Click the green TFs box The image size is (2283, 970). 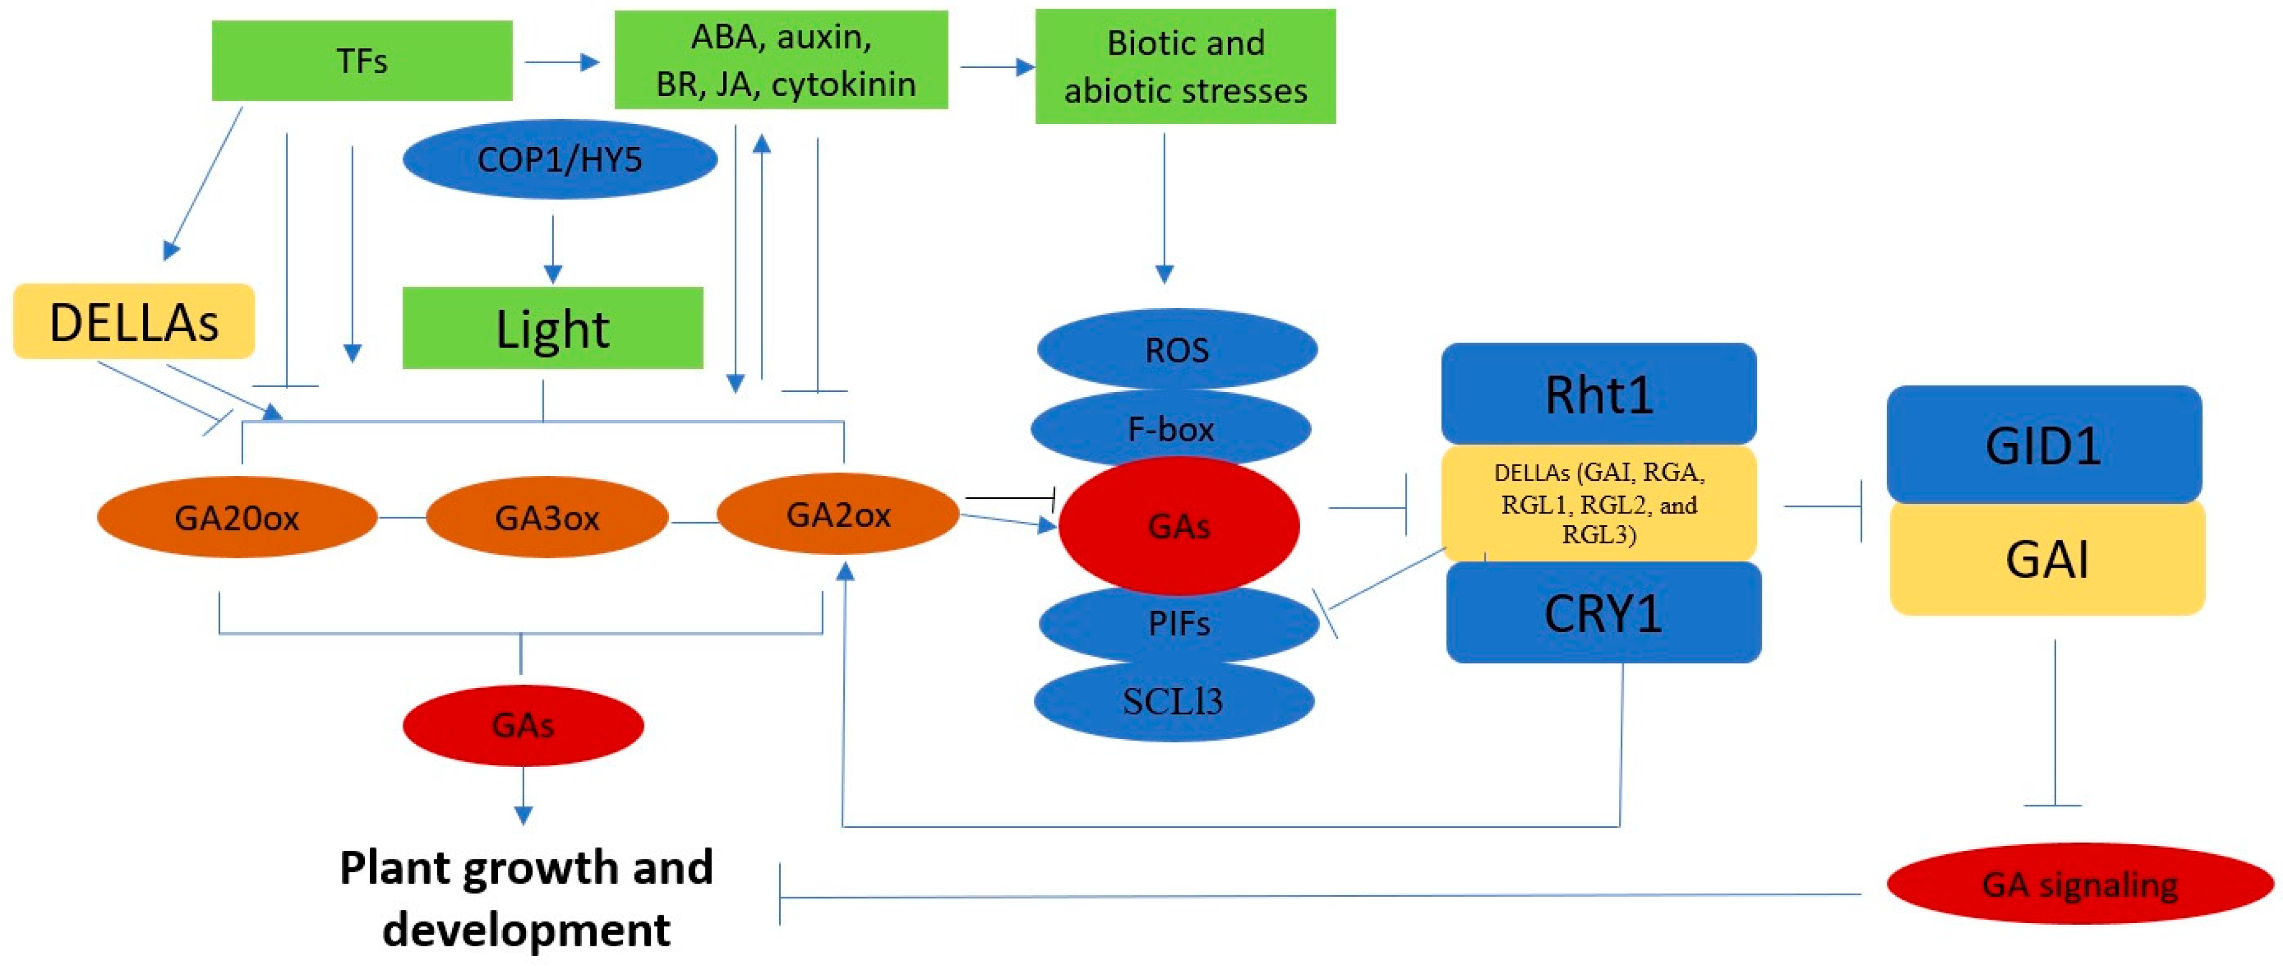pos(362,60)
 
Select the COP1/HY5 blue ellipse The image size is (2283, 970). pos(559,159)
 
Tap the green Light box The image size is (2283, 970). pos(552,328)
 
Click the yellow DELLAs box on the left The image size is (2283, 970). pos(134,322)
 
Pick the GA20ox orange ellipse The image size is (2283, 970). pos(237,517)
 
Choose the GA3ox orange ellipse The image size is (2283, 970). pos(547,517)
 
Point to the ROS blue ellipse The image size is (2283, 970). pos(1177,349)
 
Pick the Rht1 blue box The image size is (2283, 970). pos(1598,394)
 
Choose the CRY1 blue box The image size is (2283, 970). pos(1603,614)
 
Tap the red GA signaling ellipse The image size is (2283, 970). pos(2079,884)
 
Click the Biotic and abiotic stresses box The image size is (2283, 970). pos(1185,66)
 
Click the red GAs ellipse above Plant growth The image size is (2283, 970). pos(523,724)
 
